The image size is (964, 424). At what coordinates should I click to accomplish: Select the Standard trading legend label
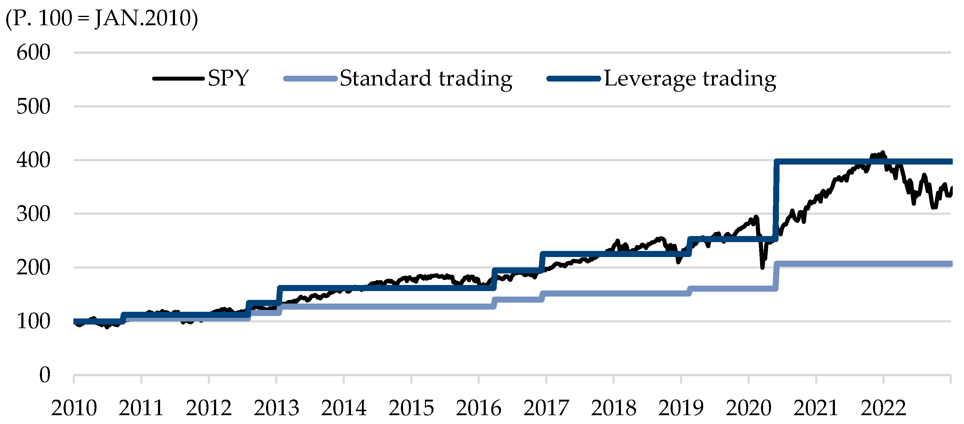(x=426, y=78)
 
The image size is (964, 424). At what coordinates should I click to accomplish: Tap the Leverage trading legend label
(x=690, y=78)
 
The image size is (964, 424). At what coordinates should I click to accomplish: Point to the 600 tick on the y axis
(x=33, y=52)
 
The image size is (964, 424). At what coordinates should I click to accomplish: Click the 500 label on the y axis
(x=33, y=106)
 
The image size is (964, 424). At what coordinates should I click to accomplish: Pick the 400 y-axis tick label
(x=33, y=160)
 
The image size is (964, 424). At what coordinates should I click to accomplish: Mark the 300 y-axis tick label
(x=33, y=214)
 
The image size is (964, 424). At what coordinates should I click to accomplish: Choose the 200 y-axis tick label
(x=33, y=268)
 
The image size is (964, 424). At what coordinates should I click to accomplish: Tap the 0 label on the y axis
(x=44, y=375)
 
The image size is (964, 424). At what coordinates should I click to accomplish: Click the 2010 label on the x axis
(x=74, y=408)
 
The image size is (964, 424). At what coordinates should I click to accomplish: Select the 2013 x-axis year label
(x=276, y=408)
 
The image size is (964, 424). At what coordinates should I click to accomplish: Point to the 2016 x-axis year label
(x=478, y=408)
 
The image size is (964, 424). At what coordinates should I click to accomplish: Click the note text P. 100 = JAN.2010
(x=101, y=18)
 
